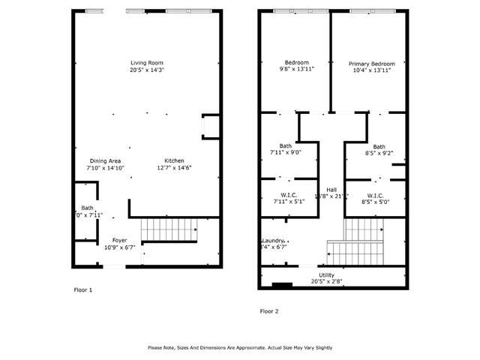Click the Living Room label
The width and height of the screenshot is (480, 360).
tap(146, 62)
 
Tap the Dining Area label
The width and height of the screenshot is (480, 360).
tap(105, 160)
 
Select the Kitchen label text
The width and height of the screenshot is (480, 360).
tap(174, 160)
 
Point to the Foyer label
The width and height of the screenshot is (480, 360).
tap(109, 240)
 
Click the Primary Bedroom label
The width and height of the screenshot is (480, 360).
tap(371, 64)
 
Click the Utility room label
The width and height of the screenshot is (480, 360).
tap(326, 275)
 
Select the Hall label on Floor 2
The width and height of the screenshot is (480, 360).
tap(331, 189)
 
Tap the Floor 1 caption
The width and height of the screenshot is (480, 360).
tap(82, 289)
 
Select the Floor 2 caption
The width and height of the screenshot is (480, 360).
tap(268, 310)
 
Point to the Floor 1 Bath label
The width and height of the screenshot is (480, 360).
tap(87, 208)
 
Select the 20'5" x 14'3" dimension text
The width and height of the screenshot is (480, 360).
tap(146, 70)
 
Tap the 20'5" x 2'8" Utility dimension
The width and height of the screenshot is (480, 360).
tap(326, 282)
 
